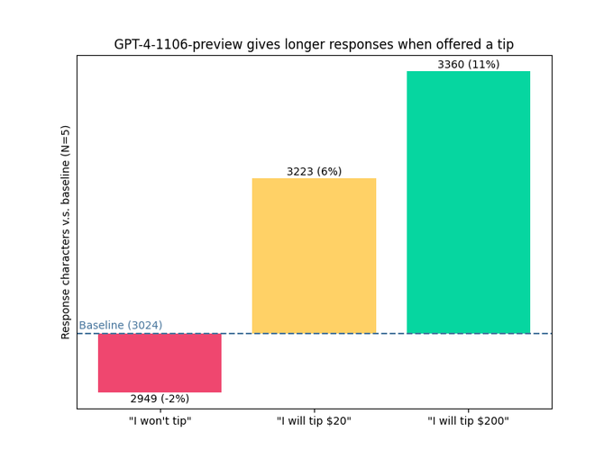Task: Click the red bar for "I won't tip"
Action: [160, 363]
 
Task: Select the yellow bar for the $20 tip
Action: [314, 256]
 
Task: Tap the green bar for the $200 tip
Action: [468, 202]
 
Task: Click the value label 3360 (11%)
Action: [468, 65]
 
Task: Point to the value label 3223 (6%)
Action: [314, 172]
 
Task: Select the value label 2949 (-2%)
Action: [160, 399]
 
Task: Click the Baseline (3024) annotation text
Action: [120, 326]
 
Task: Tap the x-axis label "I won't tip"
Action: [160, 421]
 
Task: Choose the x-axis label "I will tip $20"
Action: [314, 421]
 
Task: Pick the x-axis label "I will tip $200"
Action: [468, 421]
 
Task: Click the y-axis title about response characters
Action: [66, 232]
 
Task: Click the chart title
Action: [314, 45]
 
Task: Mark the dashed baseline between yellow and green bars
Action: [391, 334]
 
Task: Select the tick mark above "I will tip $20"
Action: [314, 411]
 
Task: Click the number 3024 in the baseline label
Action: [144, 326]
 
